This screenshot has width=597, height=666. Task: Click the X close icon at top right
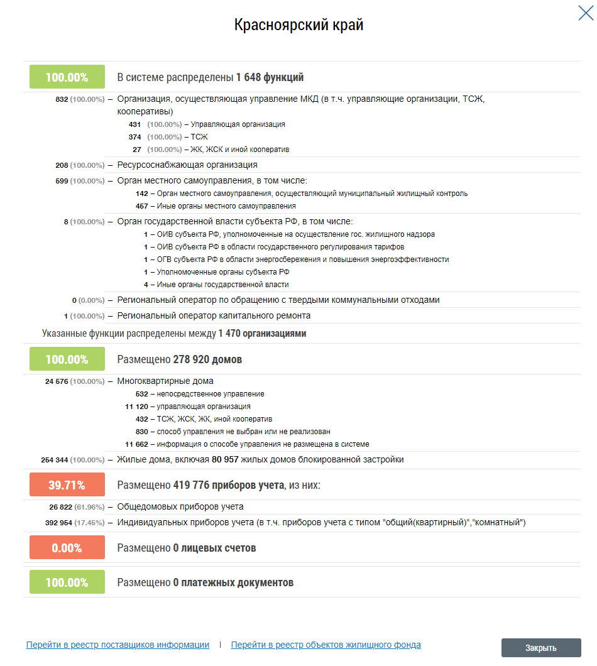pyautogui.click(x=585, y=13)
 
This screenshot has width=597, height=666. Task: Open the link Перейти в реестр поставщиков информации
pyautogui.click(x=118, y=645)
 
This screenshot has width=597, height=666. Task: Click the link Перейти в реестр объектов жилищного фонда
pyautogui.click(x=326, y=645)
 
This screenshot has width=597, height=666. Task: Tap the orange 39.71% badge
pyautogui.click(x=67, y=485)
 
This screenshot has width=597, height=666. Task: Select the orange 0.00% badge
pyautogui.click(x=67, y=548)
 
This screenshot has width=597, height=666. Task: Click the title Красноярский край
pyautogui.click(x=298, y=25)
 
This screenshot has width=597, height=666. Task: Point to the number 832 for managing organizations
pyautogui.click(x=62, y=99)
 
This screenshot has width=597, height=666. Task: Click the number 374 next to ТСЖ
pyautogui.click(x=134, y=137)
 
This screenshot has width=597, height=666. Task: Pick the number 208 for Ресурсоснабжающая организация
pyautogui.click(x=62, y=165)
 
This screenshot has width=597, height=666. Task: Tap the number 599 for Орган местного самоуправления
pyautogui.click(x=62, y=181)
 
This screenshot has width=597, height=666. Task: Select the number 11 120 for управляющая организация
pyautogui.click(x=136, y=407)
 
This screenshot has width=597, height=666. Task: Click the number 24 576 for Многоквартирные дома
pyautogui.click(x=56, y=381)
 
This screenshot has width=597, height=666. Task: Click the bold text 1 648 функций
pyautogui.click(x=270, y=78)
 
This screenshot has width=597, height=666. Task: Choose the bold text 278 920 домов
pyautogui.click(x=207, y=360)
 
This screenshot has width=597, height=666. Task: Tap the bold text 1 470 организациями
pyautogui.click(x=262, y=334)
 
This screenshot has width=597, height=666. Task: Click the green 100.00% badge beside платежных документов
pyautogui.click(x=67, y=582)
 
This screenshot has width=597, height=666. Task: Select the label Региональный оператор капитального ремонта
pyautogui.click(x=214, y=316)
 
